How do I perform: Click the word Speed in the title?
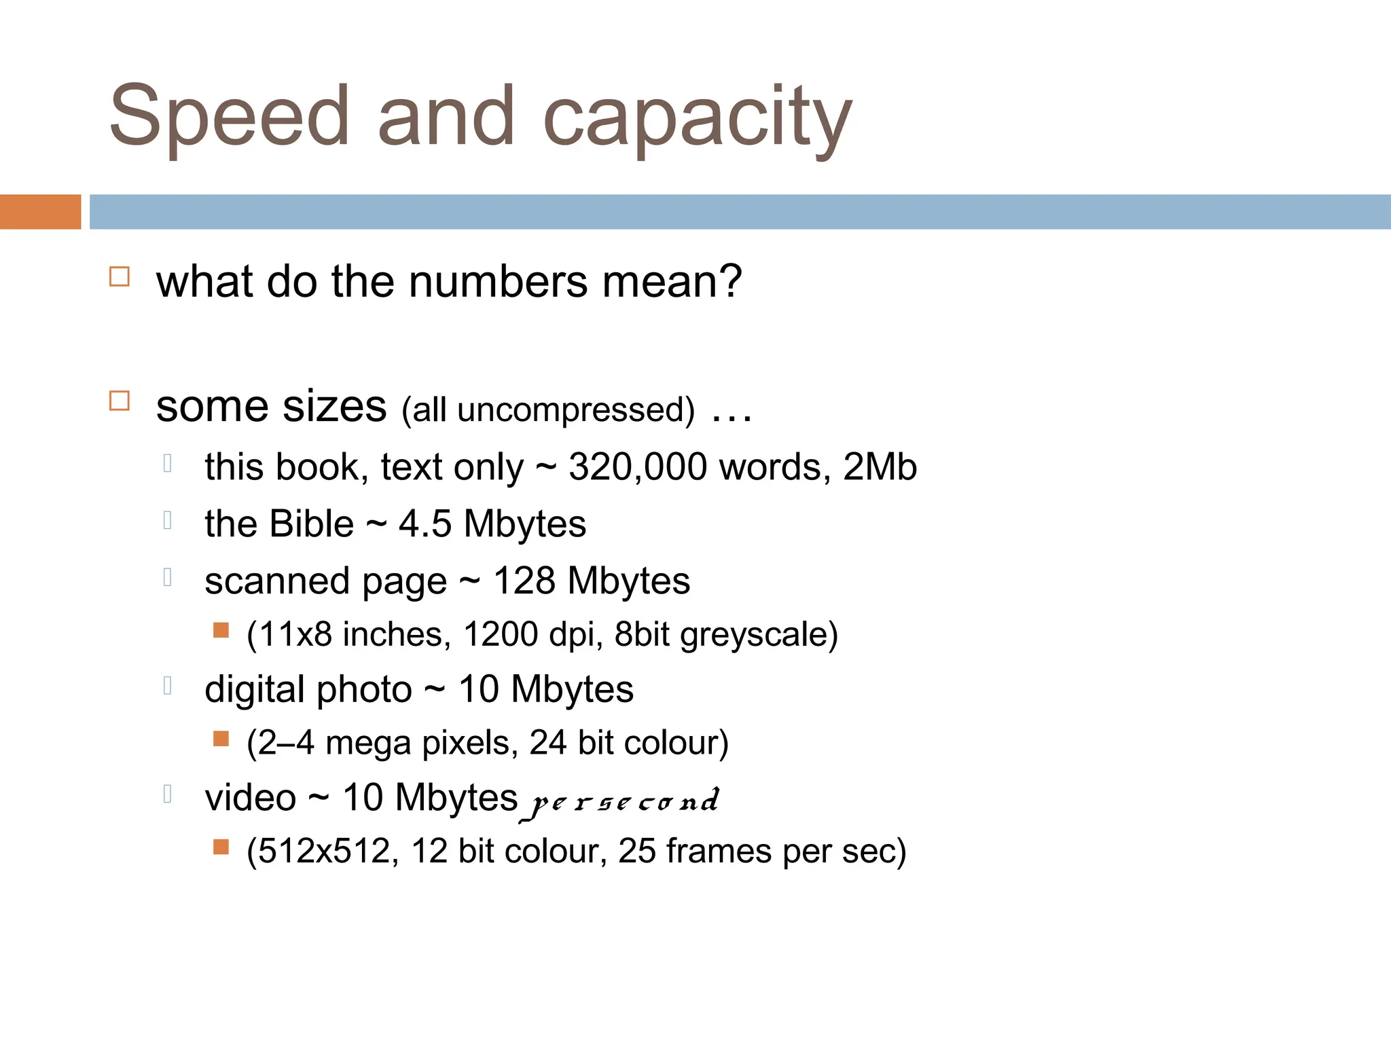pos(229,117)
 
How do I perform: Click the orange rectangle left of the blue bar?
pos(40,212)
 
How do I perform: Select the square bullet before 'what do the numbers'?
pos(120,277)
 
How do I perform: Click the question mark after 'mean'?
pos(729,281)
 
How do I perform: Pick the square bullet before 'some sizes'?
pos(120,401)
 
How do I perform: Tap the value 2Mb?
pos(880,467)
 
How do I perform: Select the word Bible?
pos(312,524)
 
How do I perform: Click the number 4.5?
pos(424,524)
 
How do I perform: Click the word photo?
pos(364,690)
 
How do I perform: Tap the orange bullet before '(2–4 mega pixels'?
pos(221,738)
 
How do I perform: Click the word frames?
pos(719,851)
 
